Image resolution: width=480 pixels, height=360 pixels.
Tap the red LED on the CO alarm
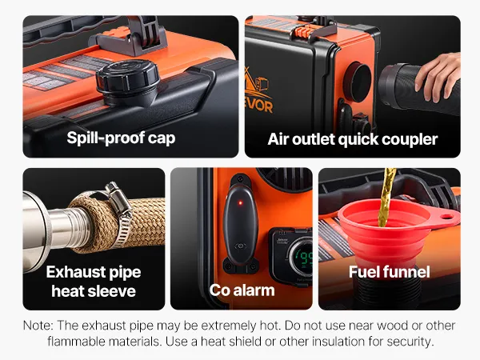(x=241, y=202)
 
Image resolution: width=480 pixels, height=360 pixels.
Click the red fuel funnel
(x=395, y=233)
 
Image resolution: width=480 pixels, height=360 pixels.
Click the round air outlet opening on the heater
(x=358, y=82)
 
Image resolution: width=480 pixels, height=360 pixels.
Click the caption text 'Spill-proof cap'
(x=121, y=138)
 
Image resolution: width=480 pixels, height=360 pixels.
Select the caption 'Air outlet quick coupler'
(x=352, y=139)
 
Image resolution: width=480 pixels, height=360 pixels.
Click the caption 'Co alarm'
(x=242, y=290)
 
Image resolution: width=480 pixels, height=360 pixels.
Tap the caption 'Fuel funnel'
(x=390, y=271)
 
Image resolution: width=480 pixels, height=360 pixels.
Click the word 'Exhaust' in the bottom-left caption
(x=72, y=271)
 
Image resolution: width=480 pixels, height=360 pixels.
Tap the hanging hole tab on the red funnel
(x=446, y=217)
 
